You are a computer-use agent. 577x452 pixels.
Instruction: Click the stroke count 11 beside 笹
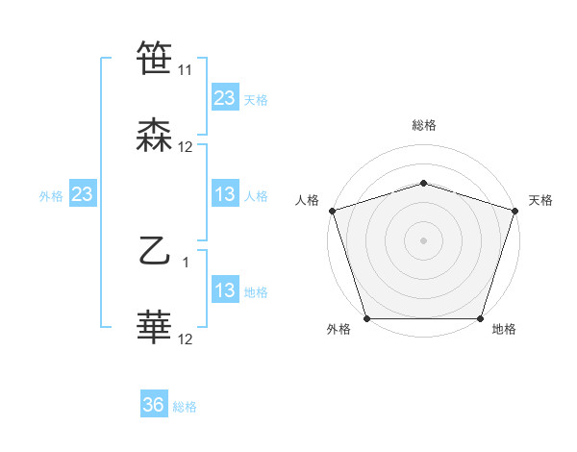185,70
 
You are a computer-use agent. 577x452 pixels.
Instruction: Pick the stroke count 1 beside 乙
186,263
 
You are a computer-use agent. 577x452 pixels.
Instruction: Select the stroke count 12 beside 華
185,339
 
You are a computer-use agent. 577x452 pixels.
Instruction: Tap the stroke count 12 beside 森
185,147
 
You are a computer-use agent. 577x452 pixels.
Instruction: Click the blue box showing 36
154,406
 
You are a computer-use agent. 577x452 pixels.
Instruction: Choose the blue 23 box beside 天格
225,98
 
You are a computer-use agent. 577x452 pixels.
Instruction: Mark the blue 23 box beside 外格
83,194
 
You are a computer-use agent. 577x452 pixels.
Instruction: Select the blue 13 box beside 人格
225,194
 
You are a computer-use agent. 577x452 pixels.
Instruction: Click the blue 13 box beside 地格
225,290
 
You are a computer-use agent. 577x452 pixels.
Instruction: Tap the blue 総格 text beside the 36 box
185,407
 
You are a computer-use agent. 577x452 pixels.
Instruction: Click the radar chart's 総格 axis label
423,126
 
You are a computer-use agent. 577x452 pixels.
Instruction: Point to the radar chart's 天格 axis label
540,200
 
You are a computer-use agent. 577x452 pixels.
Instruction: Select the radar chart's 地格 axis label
504,330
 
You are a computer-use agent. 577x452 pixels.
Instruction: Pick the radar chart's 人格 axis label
307,200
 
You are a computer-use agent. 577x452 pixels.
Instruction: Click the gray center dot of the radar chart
423,239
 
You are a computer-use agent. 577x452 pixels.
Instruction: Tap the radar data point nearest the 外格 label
366,318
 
